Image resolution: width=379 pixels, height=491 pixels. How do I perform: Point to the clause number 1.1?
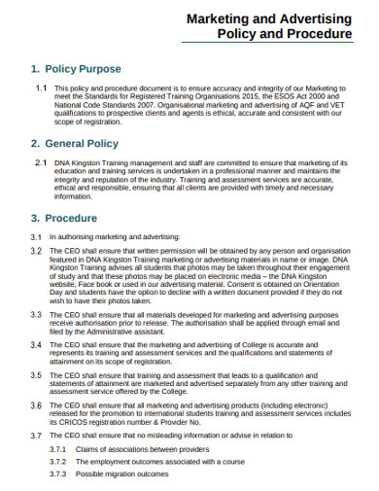click(41, 88)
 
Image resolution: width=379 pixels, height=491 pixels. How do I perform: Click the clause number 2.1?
click(40, 162)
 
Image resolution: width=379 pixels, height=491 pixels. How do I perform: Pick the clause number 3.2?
click(35, 251)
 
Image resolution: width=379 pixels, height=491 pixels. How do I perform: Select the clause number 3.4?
click(35, 345)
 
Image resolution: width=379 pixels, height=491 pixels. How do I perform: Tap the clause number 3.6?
click(35, 403)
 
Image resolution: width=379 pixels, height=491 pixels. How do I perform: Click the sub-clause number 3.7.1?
click(58, 449)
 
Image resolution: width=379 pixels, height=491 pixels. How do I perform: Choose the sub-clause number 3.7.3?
click(58, 473)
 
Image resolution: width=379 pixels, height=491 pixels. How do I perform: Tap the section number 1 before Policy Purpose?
click(36, 70)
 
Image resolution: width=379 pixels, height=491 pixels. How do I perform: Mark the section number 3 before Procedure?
click(35, 218)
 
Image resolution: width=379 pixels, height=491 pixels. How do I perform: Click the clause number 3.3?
click(35, 316)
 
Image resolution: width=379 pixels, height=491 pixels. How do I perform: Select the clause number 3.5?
click(35, 374)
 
